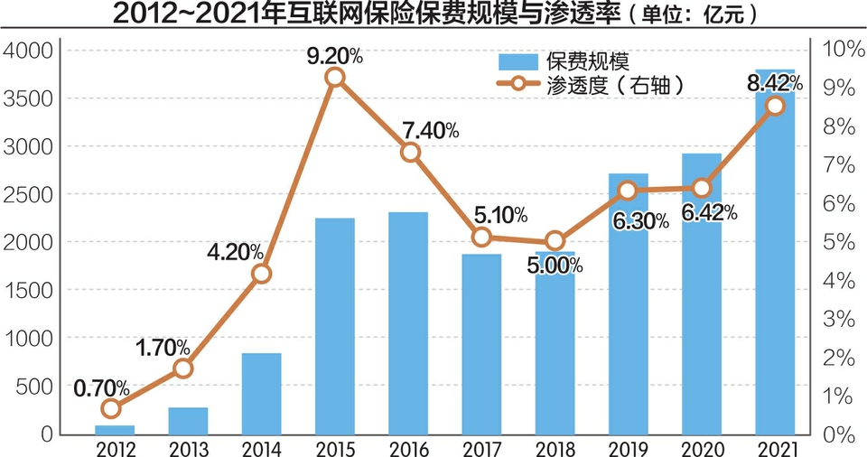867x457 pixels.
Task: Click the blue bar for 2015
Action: point(334,325)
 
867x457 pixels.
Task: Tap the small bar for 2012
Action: point(115,430)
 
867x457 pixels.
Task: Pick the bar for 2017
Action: point(481,343)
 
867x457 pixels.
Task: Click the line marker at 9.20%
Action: point(334,77)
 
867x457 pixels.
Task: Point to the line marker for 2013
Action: point(183,368)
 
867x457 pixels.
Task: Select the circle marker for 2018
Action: point(555,241)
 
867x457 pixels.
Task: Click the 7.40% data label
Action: point(424,130)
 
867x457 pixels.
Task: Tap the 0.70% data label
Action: point(101,388)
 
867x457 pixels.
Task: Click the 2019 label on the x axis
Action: point(629,447)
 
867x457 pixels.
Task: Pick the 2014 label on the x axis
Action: point(261,447)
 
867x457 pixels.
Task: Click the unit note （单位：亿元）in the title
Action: point(685,15)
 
